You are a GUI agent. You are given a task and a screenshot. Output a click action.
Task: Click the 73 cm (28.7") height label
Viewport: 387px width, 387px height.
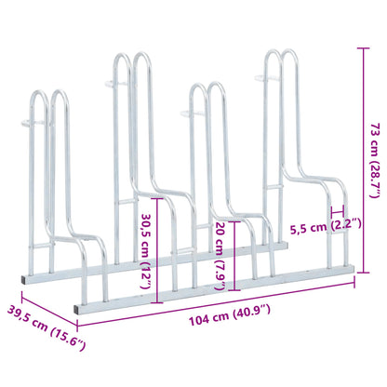375,160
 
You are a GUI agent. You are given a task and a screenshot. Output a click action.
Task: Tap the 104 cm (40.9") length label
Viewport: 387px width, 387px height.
230,314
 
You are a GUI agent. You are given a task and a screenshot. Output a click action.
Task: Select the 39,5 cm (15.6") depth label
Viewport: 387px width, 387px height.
47,327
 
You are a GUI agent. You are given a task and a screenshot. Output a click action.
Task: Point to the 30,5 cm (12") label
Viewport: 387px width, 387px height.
145,251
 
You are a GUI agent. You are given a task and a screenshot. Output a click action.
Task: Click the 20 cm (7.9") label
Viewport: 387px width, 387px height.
220,256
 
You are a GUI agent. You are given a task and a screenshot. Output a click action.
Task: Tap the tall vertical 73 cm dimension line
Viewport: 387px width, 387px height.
364,160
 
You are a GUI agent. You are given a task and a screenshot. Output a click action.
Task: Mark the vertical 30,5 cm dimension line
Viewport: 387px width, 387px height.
158,250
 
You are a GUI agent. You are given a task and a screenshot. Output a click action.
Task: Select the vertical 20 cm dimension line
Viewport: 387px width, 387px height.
234,256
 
